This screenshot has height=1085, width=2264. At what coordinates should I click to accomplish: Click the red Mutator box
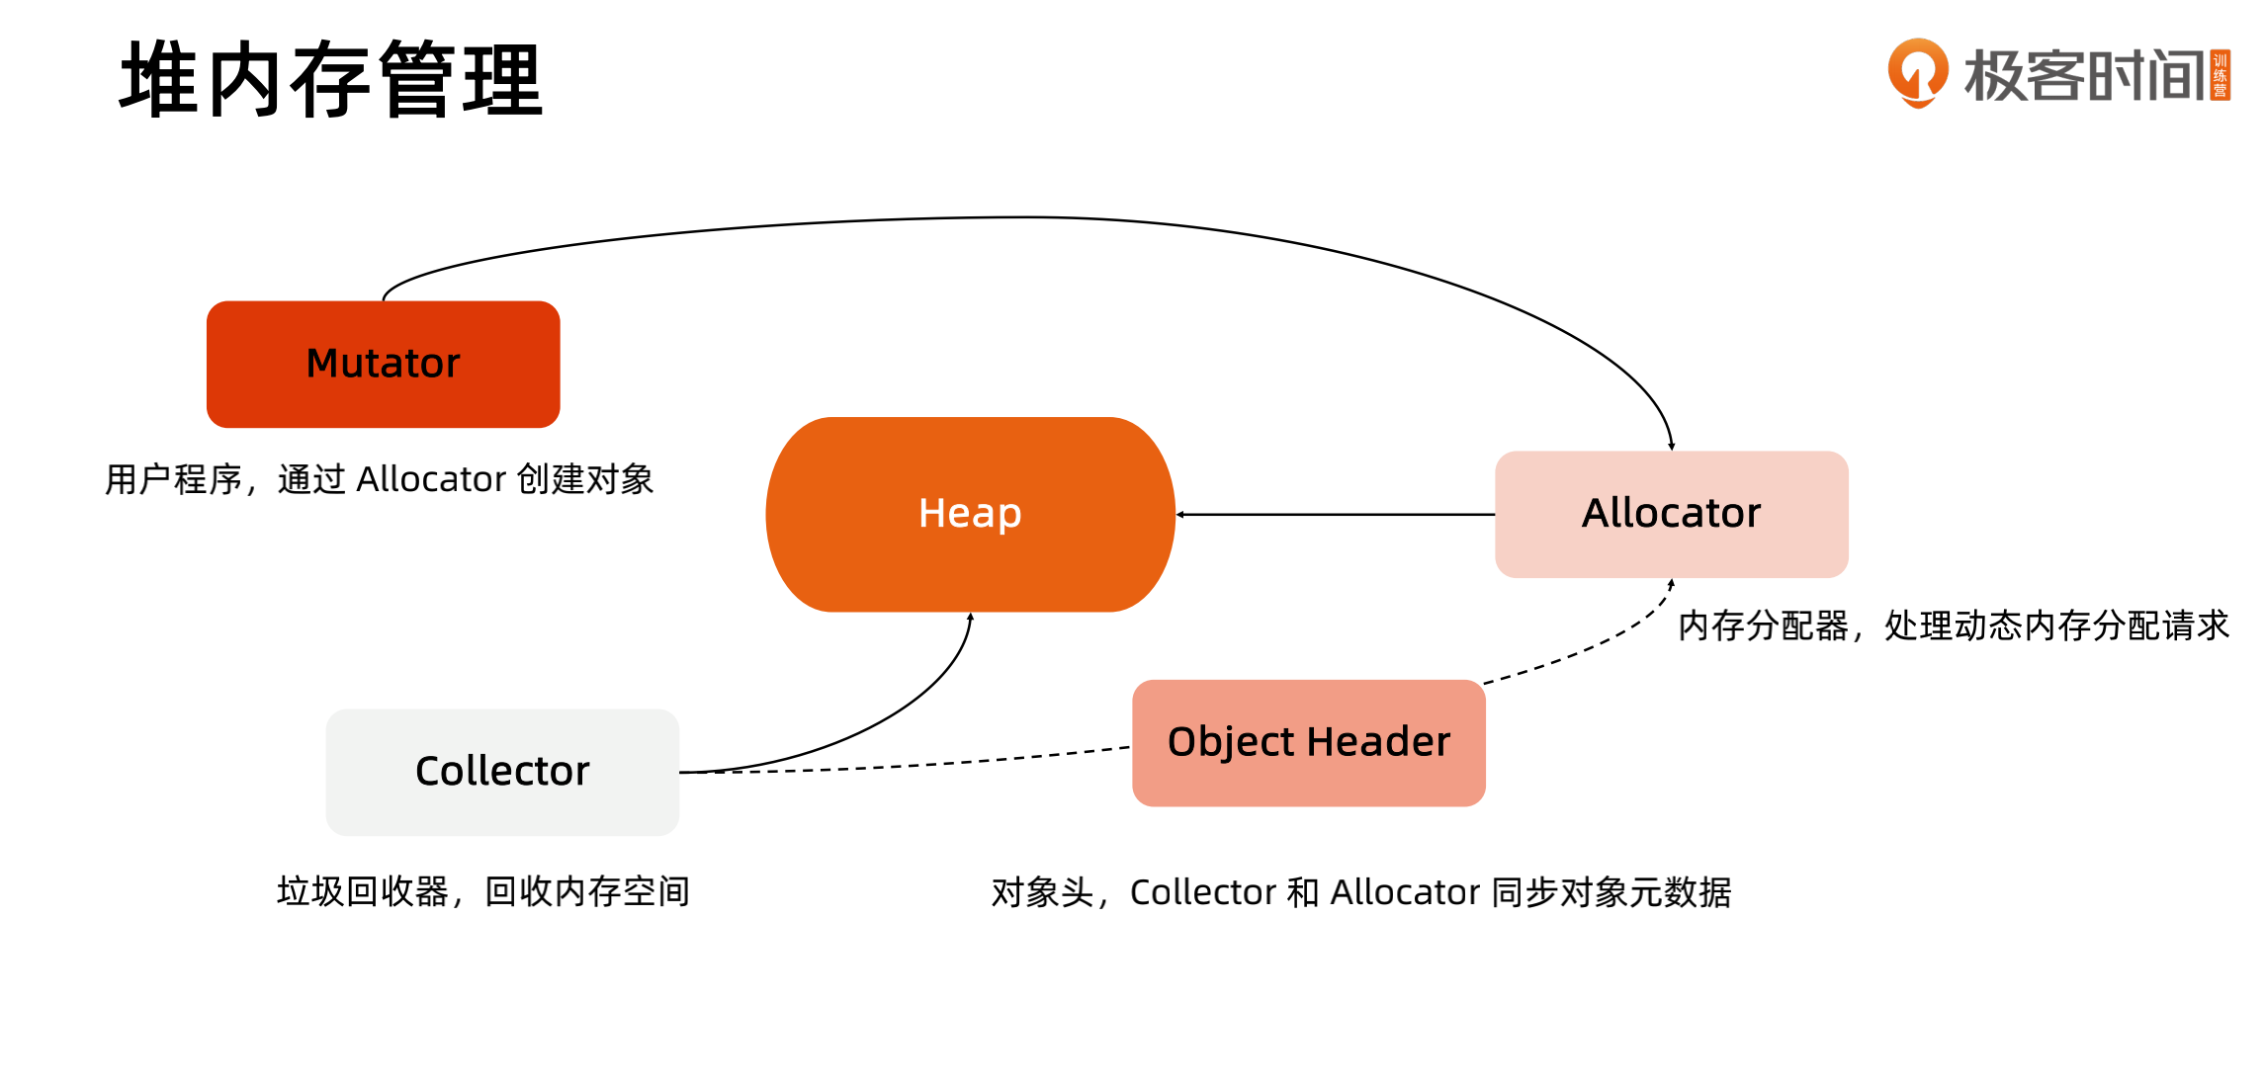point(383,364)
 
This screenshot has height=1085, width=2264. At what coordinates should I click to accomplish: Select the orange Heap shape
point(970,514)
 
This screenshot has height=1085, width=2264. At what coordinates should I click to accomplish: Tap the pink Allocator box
point(1671,514)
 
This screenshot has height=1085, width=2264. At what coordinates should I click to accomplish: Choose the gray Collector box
point(502,772)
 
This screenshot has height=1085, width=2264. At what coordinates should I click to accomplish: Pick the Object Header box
point(1308,742)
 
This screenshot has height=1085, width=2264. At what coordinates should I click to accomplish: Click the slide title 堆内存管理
point(331,80)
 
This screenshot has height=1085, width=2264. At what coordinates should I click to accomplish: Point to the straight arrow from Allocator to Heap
point(1335,515)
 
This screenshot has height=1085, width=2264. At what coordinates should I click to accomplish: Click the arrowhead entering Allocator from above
point(1671,447)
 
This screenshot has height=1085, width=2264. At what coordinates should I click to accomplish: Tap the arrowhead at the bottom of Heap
point(971,618)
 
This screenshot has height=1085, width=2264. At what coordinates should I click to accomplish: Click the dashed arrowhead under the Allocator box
point(1671,584)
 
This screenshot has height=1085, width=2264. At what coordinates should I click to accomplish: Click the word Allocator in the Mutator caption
point(431,480)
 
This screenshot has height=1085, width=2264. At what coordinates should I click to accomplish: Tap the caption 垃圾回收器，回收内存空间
point(482,892)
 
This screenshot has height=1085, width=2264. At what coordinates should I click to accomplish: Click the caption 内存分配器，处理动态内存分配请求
point(1953,626)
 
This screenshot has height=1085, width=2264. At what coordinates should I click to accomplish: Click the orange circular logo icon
point(1917,72)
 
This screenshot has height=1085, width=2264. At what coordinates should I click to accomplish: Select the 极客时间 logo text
point(2084,75)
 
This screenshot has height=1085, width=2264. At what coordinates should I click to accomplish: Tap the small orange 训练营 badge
point(2220,76)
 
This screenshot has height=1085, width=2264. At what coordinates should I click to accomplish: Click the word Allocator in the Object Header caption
point(1405,893)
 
